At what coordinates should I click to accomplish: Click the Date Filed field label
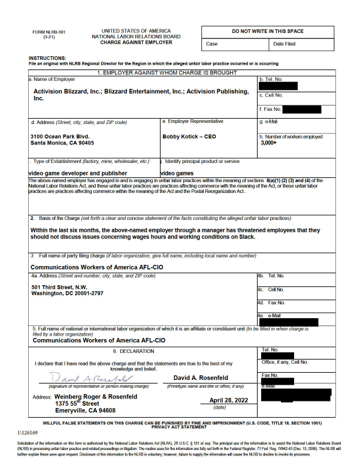[x=284, y=44]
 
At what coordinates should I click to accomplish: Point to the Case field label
[x=212, y=44]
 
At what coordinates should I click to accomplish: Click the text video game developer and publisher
[x=78, y=173]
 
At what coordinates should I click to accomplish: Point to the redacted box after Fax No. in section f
[x=301, y=109]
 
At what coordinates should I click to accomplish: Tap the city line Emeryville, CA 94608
[x=86, y=410]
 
